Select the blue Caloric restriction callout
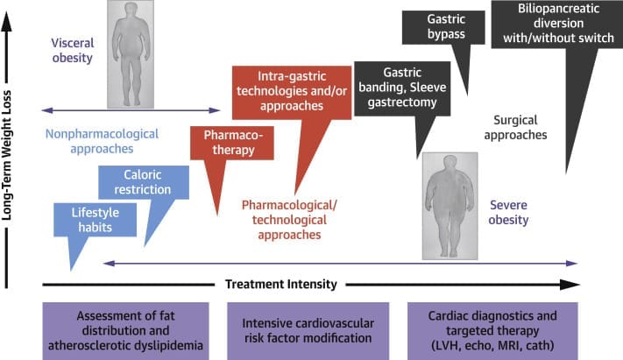click(142, 182)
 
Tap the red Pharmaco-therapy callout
click(232, 143)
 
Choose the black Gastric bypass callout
click(446, 26)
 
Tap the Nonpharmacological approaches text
click(102, 142)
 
